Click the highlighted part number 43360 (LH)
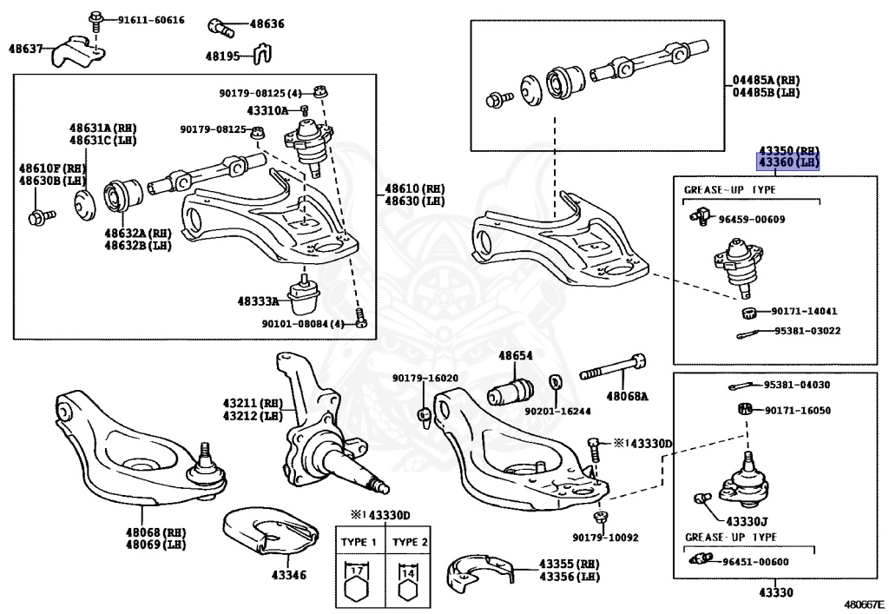click(787, 162)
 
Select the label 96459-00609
click(751, 219)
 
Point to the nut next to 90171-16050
click(744, 409)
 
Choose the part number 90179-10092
click(605, 538)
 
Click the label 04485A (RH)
click(765, 80)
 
